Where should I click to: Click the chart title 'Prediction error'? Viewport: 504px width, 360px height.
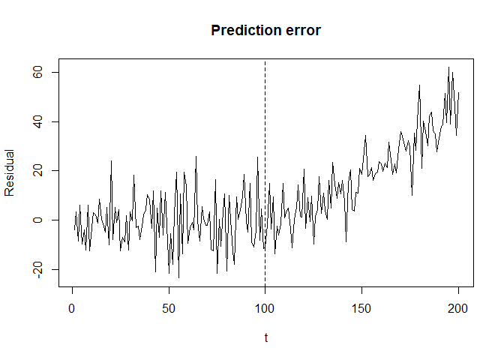click(265, 31)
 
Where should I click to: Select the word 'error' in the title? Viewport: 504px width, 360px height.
click(304, 31)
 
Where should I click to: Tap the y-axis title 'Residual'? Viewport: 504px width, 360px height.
click(10, 172)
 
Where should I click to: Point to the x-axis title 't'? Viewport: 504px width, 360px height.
click(265, 337)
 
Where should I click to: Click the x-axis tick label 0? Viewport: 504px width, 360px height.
click(72, 308)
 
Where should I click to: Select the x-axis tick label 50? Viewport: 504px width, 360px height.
click(169, 308)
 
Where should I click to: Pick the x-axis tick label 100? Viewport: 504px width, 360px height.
click(265, 308)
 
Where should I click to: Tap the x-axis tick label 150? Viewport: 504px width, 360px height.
click(362, 308)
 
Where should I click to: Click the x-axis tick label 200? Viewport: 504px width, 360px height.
click(458, 308)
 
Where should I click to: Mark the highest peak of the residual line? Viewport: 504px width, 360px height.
click(448, 67)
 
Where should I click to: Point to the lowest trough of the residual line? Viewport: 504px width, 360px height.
click(178, 277)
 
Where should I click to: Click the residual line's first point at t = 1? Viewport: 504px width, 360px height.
click(74, 228)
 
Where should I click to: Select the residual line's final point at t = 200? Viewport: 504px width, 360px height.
click(458, 94)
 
